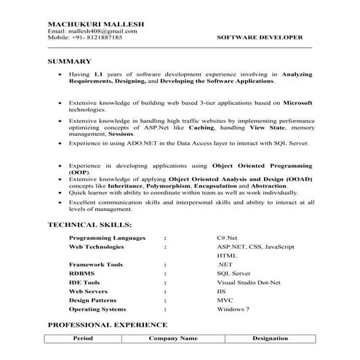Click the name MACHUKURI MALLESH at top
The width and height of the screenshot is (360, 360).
(x=95, y=24)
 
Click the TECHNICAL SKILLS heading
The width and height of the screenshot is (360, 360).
(x=89, y=225)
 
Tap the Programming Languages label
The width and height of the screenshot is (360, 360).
(x=107, y=238)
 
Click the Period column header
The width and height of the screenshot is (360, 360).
(x=83, y=339)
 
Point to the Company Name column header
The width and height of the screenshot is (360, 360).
(x=173, y=339)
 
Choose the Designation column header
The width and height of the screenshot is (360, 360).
(x=270, y=339)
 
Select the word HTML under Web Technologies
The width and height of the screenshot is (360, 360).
(x=226, y=255)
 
